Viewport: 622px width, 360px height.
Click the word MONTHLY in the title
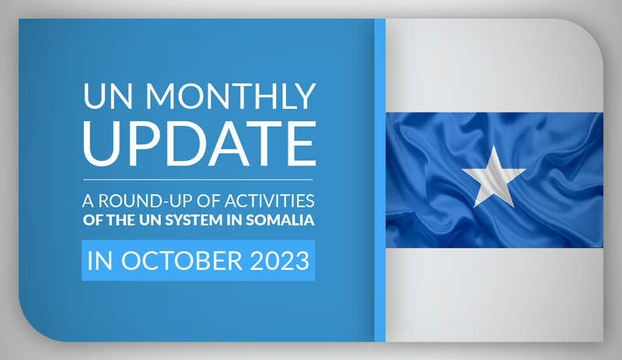point(231,96)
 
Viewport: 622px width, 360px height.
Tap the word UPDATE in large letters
point(200,143)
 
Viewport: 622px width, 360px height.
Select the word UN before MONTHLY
point(107,96)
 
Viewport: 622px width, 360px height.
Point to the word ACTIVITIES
point(269,201)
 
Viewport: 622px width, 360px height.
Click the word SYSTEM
point(194,220)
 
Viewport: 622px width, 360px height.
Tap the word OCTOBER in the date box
point(182,260)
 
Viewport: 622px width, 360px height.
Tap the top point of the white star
point(494,145)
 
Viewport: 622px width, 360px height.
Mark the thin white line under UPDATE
point(198,180)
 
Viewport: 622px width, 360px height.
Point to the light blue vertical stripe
point(380,180)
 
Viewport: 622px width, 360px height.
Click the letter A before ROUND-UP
point(88,201)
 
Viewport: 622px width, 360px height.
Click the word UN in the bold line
point(150,220)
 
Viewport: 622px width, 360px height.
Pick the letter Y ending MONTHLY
point(305,96)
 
